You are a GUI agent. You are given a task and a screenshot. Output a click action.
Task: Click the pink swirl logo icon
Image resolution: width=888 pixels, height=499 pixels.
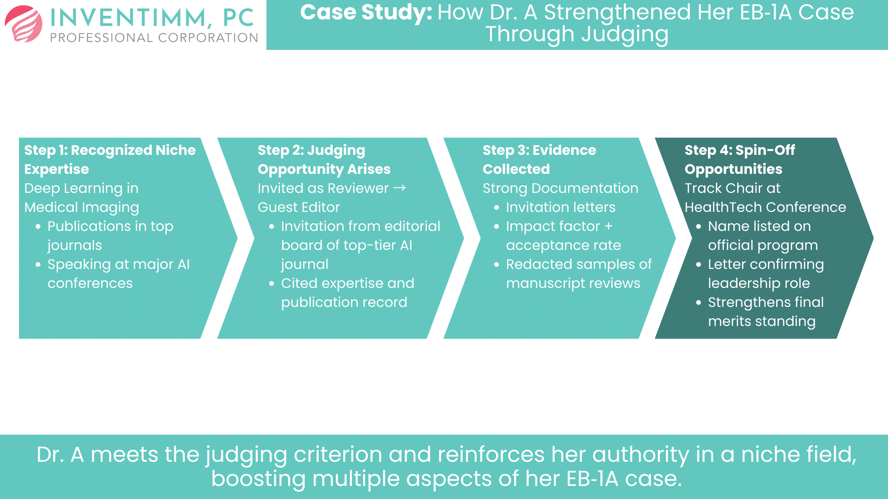point(24,24)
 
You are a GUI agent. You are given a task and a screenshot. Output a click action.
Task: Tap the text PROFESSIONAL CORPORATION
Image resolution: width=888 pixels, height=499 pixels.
point(154,38)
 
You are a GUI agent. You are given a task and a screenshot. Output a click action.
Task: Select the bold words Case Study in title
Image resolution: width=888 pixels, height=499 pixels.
point(366,12)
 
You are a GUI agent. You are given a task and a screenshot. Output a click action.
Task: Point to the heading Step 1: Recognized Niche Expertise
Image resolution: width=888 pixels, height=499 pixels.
point(110,160)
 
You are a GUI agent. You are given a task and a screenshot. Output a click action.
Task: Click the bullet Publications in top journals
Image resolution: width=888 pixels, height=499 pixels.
point(110,236)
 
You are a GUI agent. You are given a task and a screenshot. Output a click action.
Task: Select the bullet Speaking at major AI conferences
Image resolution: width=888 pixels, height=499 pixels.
point(118,274)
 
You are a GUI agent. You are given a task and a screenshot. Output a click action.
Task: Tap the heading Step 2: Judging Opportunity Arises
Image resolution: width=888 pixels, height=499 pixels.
point(324,160)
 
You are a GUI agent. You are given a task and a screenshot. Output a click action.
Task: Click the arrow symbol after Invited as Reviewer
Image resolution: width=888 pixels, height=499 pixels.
point(399,188)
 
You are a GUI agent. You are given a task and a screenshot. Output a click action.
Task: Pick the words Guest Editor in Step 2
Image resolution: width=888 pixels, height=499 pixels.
point(299,207)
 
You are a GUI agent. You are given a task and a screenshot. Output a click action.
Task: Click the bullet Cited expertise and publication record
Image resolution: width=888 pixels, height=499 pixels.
point(347,293)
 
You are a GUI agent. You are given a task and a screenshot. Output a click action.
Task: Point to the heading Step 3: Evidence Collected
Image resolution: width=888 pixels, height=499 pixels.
point(539,160)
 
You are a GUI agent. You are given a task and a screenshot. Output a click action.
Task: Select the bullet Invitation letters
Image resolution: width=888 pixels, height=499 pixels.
point(561,207)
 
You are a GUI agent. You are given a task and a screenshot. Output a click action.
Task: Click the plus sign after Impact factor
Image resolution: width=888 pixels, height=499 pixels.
point(609,226)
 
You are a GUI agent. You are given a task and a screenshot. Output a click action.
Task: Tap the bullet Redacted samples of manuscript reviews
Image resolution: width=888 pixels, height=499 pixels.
point(578,274)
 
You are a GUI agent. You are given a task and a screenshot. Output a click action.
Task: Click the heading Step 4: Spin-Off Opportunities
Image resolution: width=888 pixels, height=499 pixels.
point(739,160)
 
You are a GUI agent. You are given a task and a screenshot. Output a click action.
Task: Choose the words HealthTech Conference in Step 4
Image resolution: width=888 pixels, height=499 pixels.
point(765,207)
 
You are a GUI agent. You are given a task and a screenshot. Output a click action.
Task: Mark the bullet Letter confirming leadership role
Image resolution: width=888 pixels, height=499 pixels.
point(766,274)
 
